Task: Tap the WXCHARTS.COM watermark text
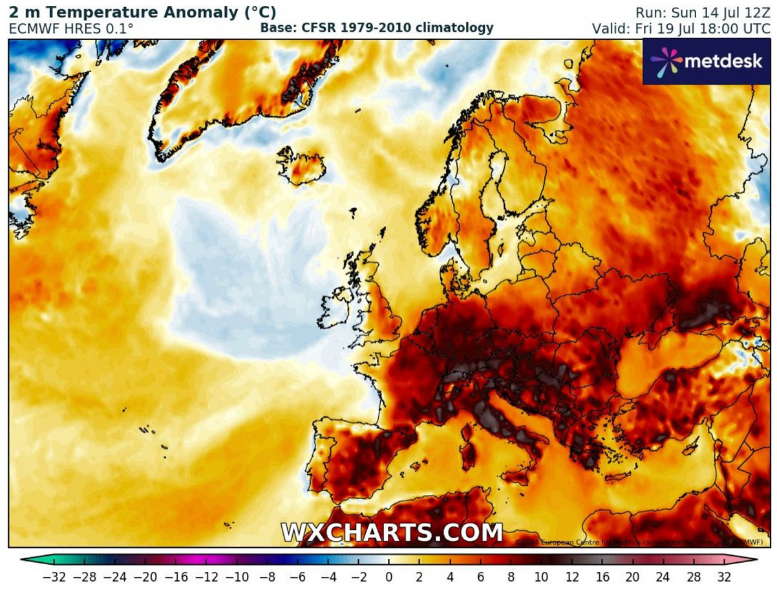tap(392, 532)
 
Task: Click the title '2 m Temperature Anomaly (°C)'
tap(142, 12)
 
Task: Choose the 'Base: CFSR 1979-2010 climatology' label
tap(377, 28)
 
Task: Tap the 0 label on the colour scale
tap(388, 576)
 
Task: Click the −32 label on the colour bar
tap(53, 576)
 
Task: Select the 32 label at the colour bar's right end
tap(724, 576)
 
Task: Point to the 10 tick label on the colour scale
tap(556, 576)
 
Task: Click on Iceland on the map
tap(303, 166)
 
